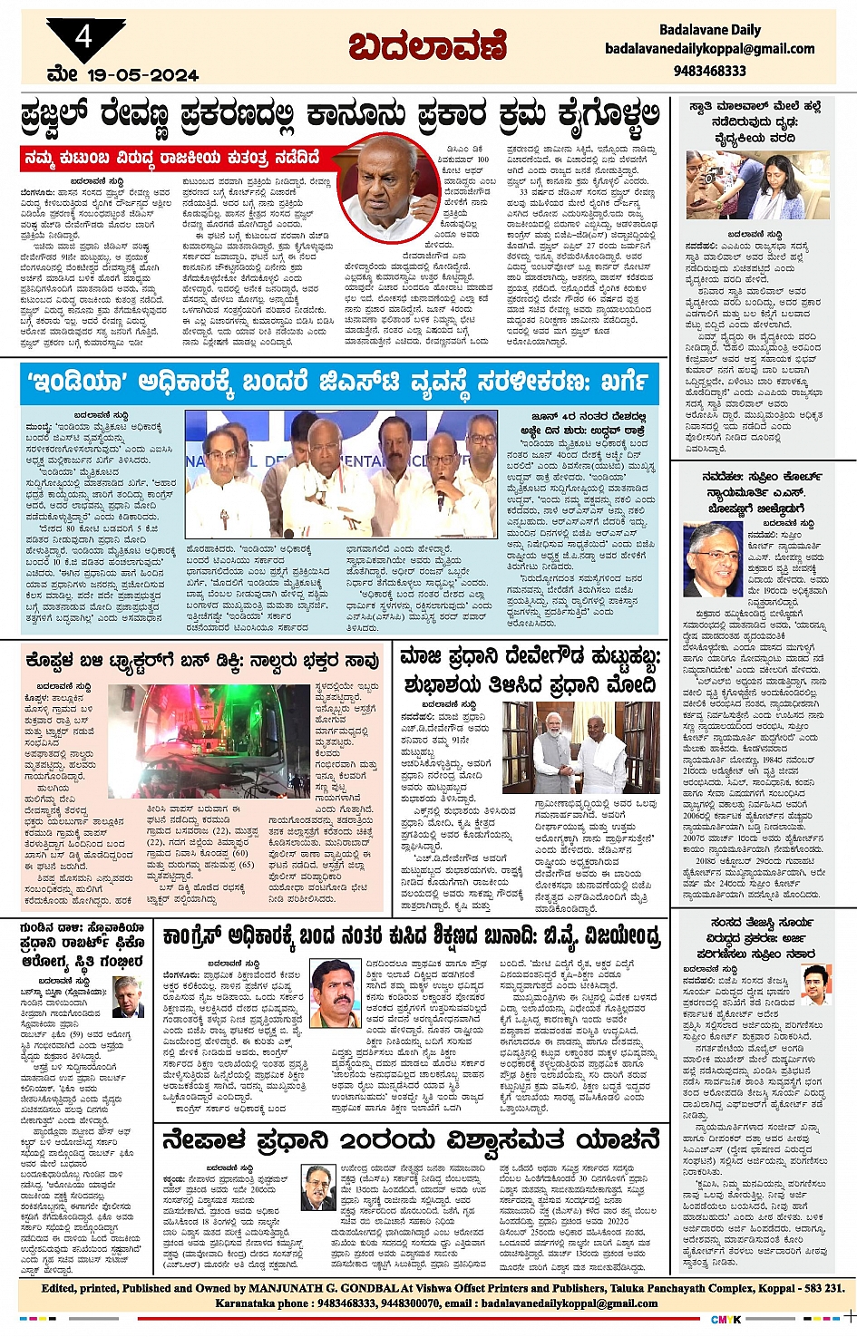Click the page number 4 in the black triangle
pyautogui.click(x=84, y=37)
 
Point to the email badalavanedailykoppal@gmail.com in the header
pyautogui.click(x=709, y=49)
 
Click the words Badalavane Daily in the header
pyautogui.click(x=709, y=30)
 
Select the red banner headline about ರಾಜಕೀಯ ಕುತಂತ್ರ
pyautogui.click(x=172, y=158)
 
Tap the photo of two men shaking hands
pyautogui.click(x=580, y=747)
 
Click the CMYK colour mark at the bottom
pyautogui.click(x=725, y=1319)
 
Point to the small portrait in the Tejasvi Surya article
pyautogui.click(x=815, y=985)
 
